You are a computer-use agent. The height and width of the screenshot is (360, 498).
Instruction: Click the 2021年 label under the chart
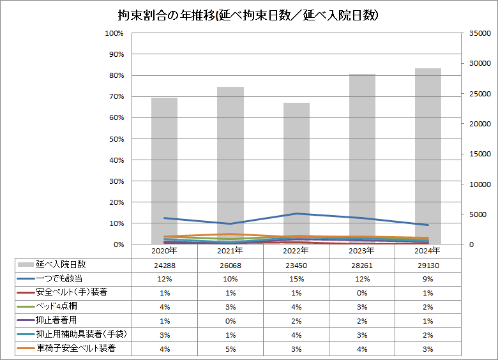[230, 251]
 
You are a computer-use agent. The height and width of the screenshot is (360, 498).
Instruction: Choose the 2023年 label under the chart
[362, 251]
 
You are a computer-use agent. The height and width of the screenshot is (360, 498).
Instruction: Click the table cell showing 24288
[164, 265]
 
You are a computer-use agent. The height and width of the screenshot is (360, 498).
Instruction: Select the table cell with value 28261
[362, 265]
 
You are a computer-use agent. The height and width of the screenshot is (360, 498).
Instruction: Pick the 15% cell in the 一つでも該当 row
[296, 279]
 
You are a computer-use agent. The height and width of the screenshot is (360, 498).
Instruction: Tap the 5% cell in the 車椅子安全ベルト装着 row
[230, 349]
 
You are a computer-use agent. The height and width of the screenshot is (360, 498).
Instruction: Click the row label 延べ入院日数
[61, 264]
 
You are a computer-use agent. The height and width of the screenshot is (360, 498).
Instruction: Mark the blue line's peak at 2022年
[296, 213]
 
